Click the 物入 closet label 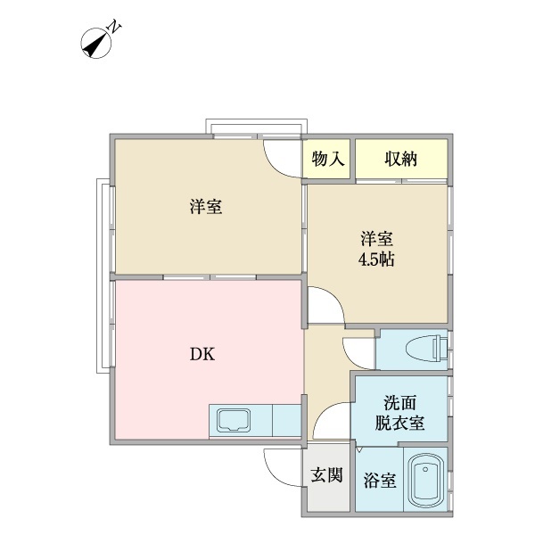329,160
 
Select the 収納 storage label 401,160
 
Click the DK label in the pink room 202,352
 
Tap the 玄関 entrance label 326,476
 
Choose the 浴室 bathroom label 379,481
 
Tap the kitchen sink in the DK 235,419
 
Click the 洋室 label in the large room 205,208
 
